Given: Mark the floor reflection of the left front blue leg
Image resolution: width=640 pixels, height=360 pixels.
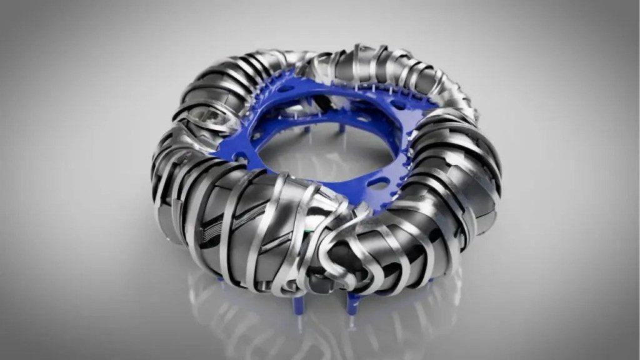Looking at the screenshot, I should click(294, 325).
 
